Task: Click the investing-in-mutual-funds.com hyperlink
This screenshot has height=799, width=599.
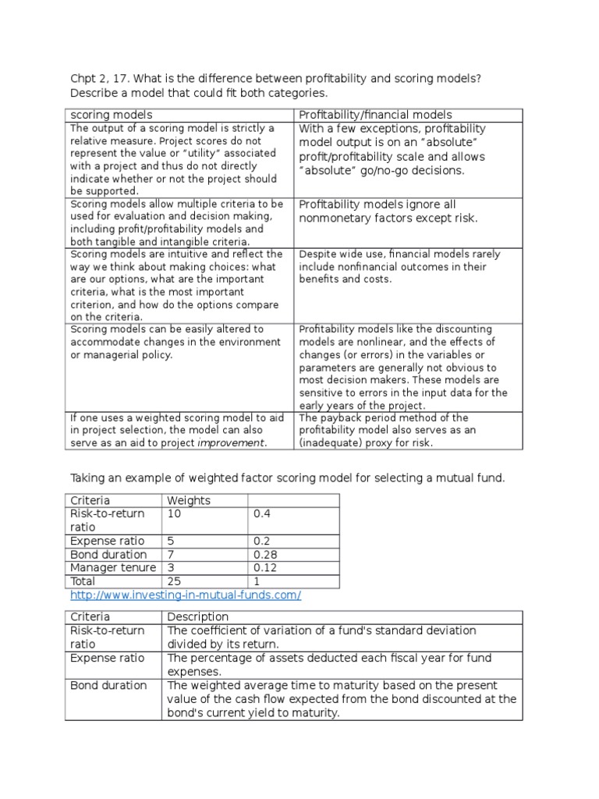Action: [185, 595]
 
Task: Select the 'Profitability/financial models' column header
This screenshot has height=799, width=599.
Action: [375, 115]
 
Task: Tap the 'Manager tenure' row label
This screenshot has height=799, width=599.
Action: [113, 567]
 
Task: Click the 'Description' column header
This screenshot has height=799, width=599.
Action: [198, 616]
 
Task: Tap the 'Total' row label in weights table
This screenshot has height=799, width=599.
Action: [83, 581]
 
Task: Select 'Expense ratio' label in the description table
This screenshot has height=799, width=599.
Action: [108, 658]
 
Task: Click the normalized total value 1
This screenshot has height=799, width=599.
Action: [256, 581]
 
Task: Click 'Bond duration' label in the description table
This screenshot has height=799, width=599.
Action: [108, 685]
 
